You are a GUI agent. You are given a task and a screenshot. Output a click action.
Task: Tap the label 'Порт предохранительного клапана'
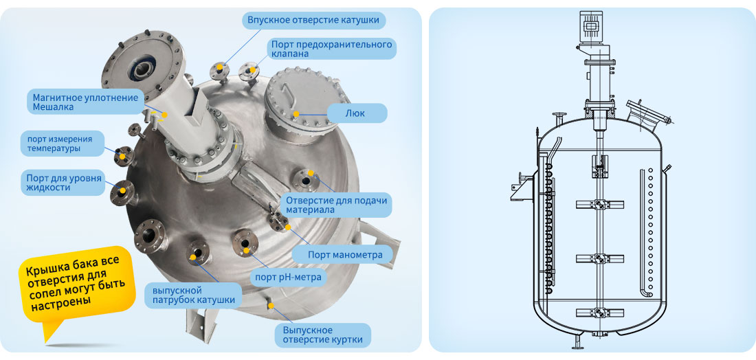pos(331,49)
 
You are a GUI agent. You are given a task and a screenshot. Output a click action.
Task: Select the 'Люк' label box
pos(357,113)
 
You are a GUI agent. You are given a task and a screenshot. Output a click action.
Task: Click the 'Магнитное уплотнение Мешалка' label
pos(86,102)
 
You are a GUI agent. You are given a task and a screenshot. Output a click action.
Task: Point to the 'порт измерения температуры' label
pos(63,144)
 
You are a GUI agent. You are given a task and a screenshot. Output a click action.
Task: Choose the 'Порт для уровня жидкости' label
pos(63,183)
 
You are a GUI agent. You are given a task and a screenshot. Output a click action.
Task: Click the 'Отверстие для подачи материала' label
pos(337,205)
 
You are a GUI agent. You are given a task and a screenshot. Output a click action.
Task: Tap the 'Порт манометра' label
pos(345,255)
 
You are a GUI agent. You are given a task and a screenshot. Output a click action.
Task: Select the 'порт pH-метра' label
pos(286,277)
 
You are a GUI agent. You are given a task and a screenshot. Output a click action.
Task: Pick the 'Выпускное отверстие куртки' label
pos(322,335)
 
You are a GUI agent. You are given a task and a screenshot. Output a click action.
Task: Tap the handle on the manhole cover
pos(287,91)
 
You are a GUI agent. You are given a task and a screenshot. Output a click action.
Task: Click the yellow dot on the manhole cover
pos(296,114)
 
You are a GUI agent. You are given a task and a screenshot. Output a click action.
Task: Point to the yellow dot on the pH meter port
pos(246,250)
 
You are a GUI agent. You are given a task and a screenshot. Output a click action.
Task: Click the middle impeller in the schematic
pos(600,259)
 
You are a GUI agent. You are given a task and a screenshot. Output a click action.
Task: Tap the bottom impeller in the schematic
pos(600,313)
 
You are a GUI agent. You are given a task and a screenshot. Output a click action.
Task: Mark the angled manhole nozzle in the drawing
pos(647,115)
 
